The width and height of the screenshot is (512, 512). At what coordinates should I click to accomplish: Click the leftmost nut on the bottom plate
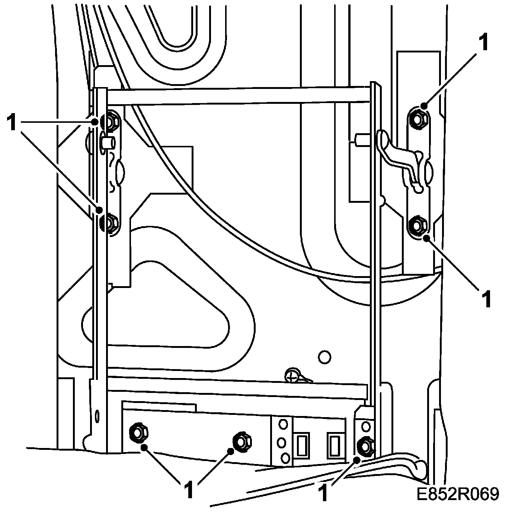[138, 433]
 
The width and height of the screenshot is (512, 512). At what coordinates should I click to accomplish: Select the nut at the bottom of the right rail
[365, 446]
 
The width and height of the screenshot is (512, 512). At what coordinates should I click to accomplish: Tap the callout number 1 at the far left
[12, 123]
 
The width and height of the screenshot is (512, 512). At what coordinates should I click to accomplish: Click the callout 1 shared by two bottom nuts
[189, 491]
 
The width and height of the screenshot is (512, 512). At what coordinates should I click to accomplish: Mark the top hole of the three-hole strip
[283, 423]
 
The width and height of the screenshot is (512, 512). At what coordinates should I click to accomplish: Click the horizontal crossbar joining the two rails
[238, 95]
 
